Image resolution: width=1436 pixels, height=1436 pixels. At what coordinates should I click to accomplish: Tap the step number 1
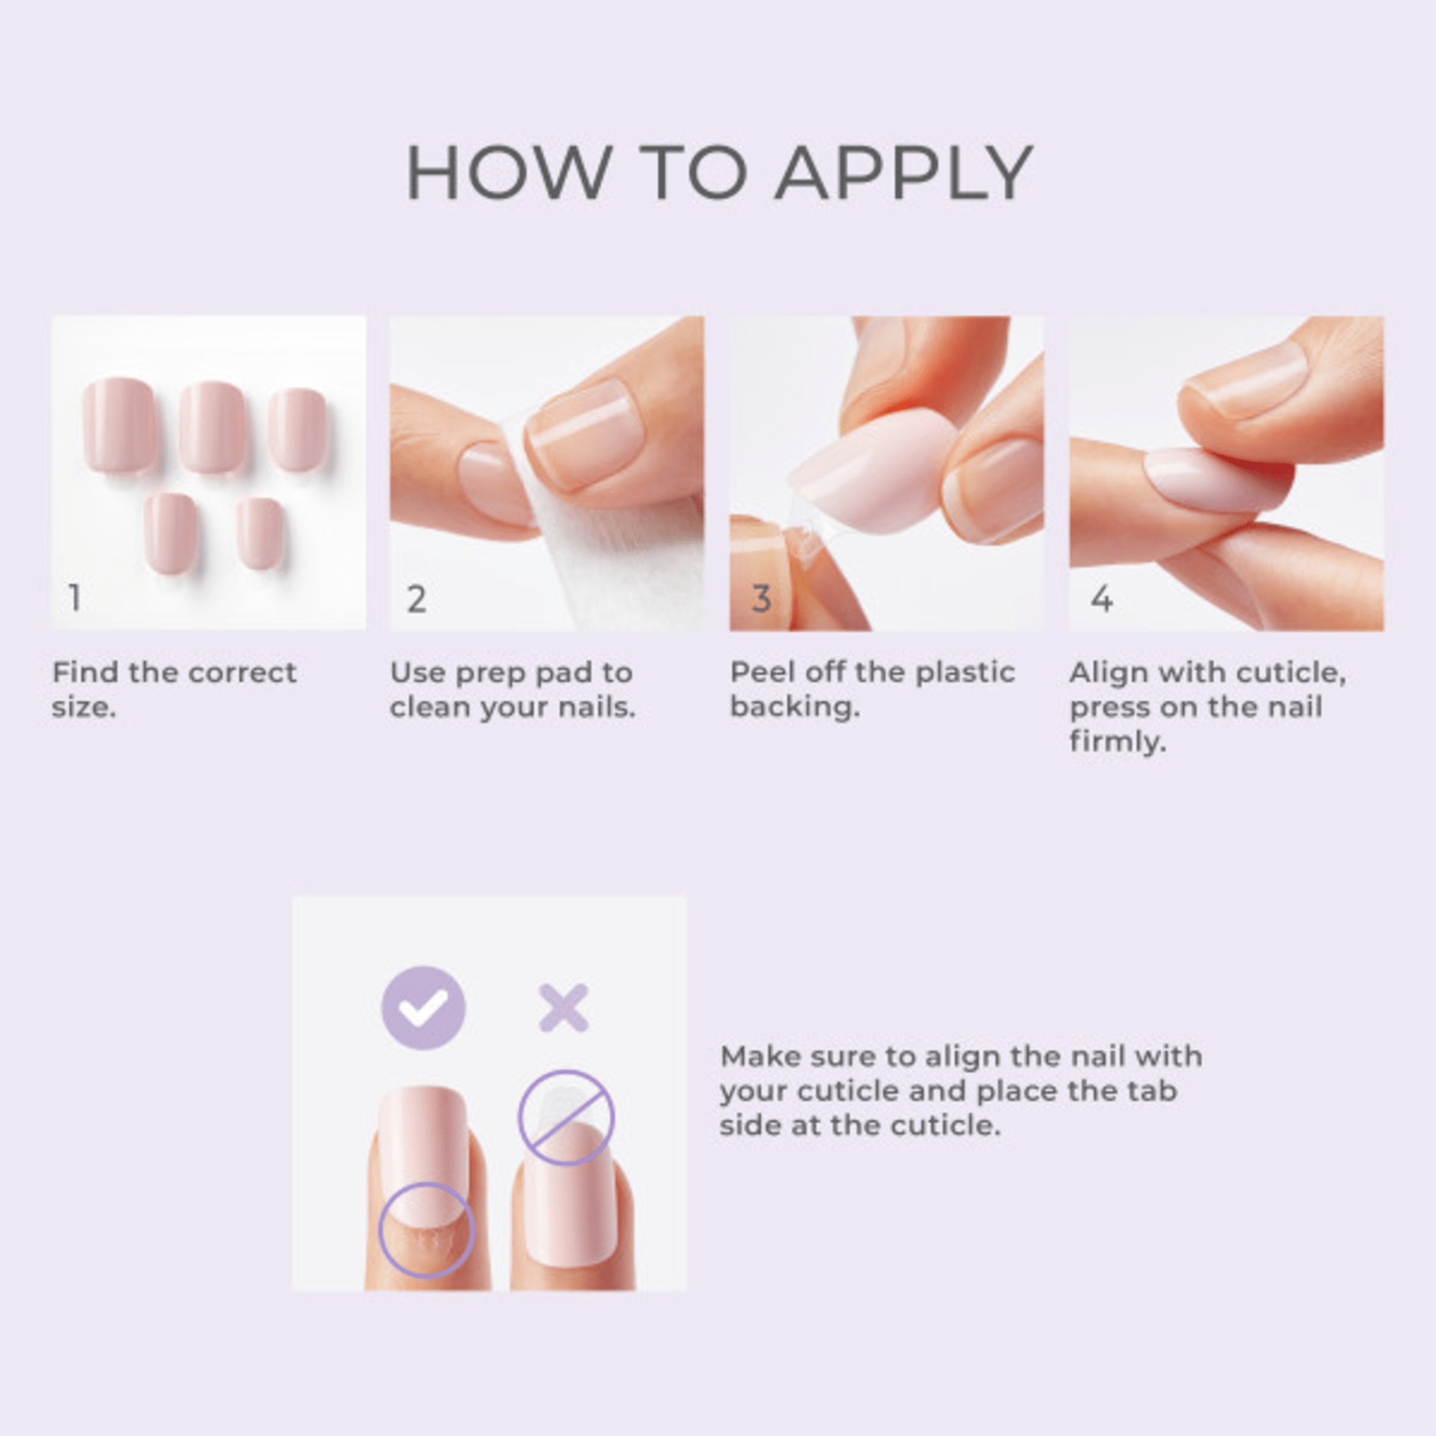click(x=75, y=597)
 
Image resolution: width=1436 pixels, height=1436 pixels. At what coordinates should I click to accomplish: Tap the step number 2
click(x=416, y=598)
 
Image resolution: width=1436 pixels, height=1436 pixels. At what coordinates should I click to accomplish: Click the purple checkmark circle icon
click(x=423, y=1008)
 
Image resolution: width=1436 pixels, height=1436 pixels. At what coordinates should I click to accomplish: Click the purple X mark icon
click(x=564, y=1009)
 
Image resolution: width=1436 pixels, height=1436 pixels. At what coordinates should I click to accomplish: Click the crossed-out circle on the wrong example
click(x=566, y=1117)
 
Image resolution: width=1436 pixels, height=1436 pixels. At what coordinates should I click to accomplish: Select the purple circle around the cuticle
click(x=426, y=1229)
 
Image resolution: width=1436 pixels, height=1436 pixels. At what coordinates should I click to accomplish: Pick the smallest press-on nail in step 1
click(x=260, y=533)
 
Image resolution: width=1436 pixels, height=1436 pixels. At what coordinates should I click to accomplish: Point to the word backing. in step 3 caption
click(x=794, y=707)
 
